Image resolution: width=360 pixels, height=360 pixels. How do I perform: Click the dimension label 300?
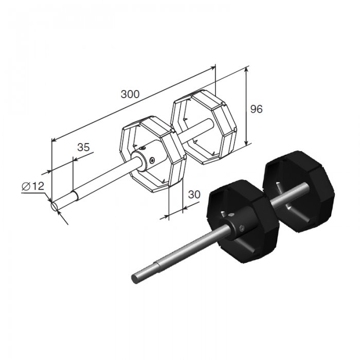tap(130, 94)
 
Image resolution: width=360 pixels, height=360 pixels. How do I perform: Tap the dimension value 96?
tap(256, 109)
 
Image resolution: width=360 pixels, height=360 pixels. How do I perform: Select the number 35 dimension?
tap(83, 147)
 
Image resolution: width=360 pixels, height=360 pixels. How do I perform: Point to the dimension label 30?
tap(194, 194)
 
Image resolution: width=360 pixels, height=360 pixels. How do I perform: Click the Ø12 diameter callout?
tap(33, 186)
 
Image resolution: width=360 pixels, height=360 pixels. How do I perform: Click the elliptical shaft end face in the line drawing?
tap(55, 206)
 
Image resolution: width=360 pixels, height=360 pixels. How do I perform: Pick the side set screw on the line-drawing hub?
tap(152, 160)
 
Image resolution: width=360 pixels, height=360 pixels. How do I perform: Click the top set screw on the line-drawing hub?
tap(142, 148)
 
